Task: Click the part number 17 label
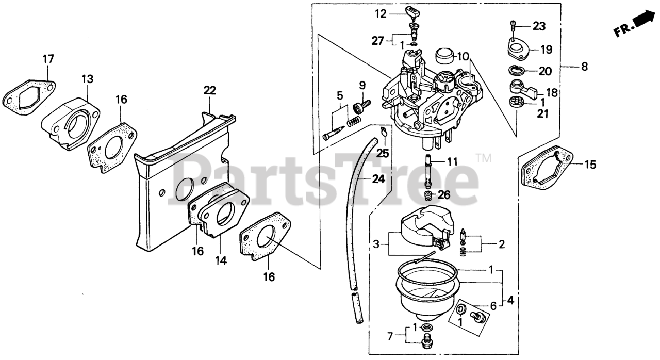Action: tap(48, 60)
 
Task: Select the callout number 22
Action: tap(209, 91)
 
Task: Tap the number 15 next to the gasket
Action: tap(590, 165)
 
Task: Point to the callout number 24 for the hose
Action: tap(378, 179)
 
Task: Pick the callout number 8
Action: tap(584, 66)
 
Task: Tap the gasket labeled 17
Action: tap(28, 96)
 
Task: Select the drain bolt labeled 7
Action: tap(427, 340)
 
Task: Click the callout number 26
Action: tap(444, 195)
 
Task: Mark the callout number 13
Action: tap(87, 79)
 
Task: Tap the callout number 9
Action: tap(362, 85)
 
